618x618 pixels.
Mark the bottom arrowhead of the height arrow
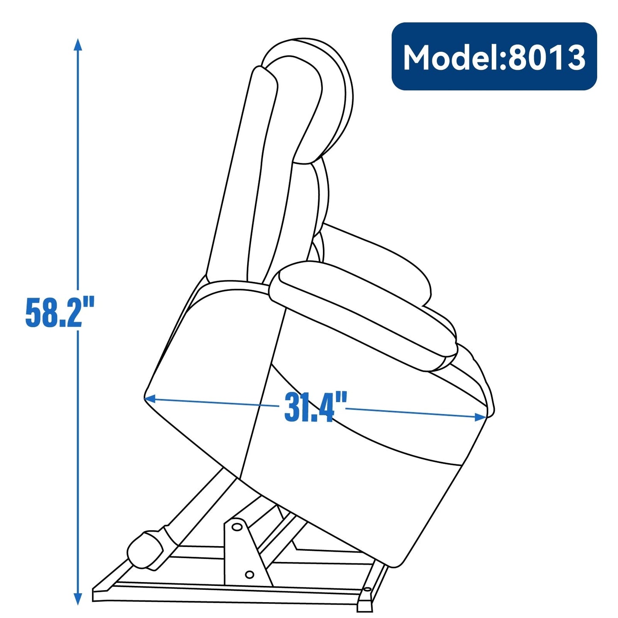(x=77, y=600)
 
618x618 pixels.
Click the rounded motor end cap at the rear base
(x=145, y=550)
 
